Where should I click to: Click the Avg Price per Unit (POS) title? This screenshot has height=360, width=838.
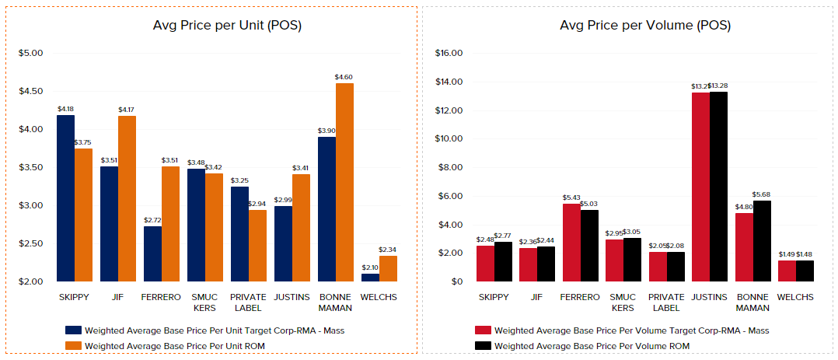pyautogui.click(x=227, y=26)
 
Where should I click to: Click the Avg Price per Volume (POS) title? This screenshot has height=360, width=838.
pyautogui.click(x=645, y=26)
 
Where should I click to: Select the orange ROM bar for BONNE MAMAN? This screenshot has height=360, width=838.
pyautogui.click(x=344, y=182)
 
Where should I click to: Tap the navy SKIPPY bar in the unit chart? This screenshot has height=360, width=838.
pyautogui.click(x=66, y=198)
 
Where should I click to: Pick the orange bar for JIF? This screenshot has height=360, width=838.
pyautogui.click(x=127, y=198)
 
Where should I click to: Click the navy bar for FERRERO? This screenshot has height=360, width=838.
pyautogui.click(x=152, y=253)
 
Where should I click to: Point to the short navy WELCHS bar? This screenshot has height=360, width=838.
pyautogui.click(x=370, y=278)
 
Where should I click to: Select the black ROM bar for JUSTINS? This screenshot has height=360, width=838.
pyautogui.click(x=718, y=187)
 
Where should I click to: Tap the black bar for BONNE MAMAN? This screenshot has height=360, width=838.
pyautogui.click(x=761, y=241)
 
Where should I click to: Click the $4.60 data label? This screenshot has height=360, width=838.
pyautogui.click(x=344, y=77)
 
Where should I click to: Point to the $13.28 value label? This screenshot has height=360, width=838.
pyautogui.click(x=719, y=86)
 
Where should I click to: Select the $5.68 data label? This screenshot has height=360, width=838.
pyautogui.click(x=762, y=194)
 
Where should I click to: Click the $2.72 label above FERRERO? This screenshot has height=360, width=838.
pyautogui.click(x=152, y=220)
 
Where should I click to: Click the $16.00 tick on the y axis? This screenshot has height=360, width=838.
pyautogui.click(x=449, y=53)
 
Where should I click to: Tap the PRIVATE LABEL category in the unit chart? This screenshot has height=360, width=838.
pyautogui.click(x=248, y=302)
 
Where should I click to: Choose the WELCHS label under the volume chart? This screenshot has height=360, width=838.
pyautogui.click(x=795, y=297)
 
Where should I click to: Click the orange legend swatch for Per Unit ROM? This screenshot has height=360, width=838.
pyautogui.click(x=74, y=345)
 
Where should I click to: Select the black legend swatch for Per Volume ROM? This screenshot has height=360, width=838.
pyautogui.click(x=482, y=345)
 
